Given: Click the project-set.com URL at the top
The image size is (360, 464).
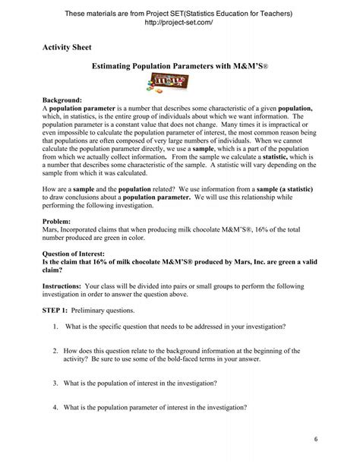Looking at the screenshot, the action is pos(179,23).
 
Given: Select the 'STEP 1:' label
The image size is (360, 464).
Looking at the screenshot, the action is pos(56,311).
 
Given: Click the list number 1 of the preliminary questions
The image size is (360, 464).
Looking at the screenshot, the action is pos(56,327).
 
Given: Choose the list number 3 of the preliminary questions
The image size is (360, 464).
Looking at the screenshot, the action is pos(56,382).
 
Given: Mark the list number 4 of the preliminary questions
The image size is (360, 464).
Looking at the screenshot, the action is pos(56,406).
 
